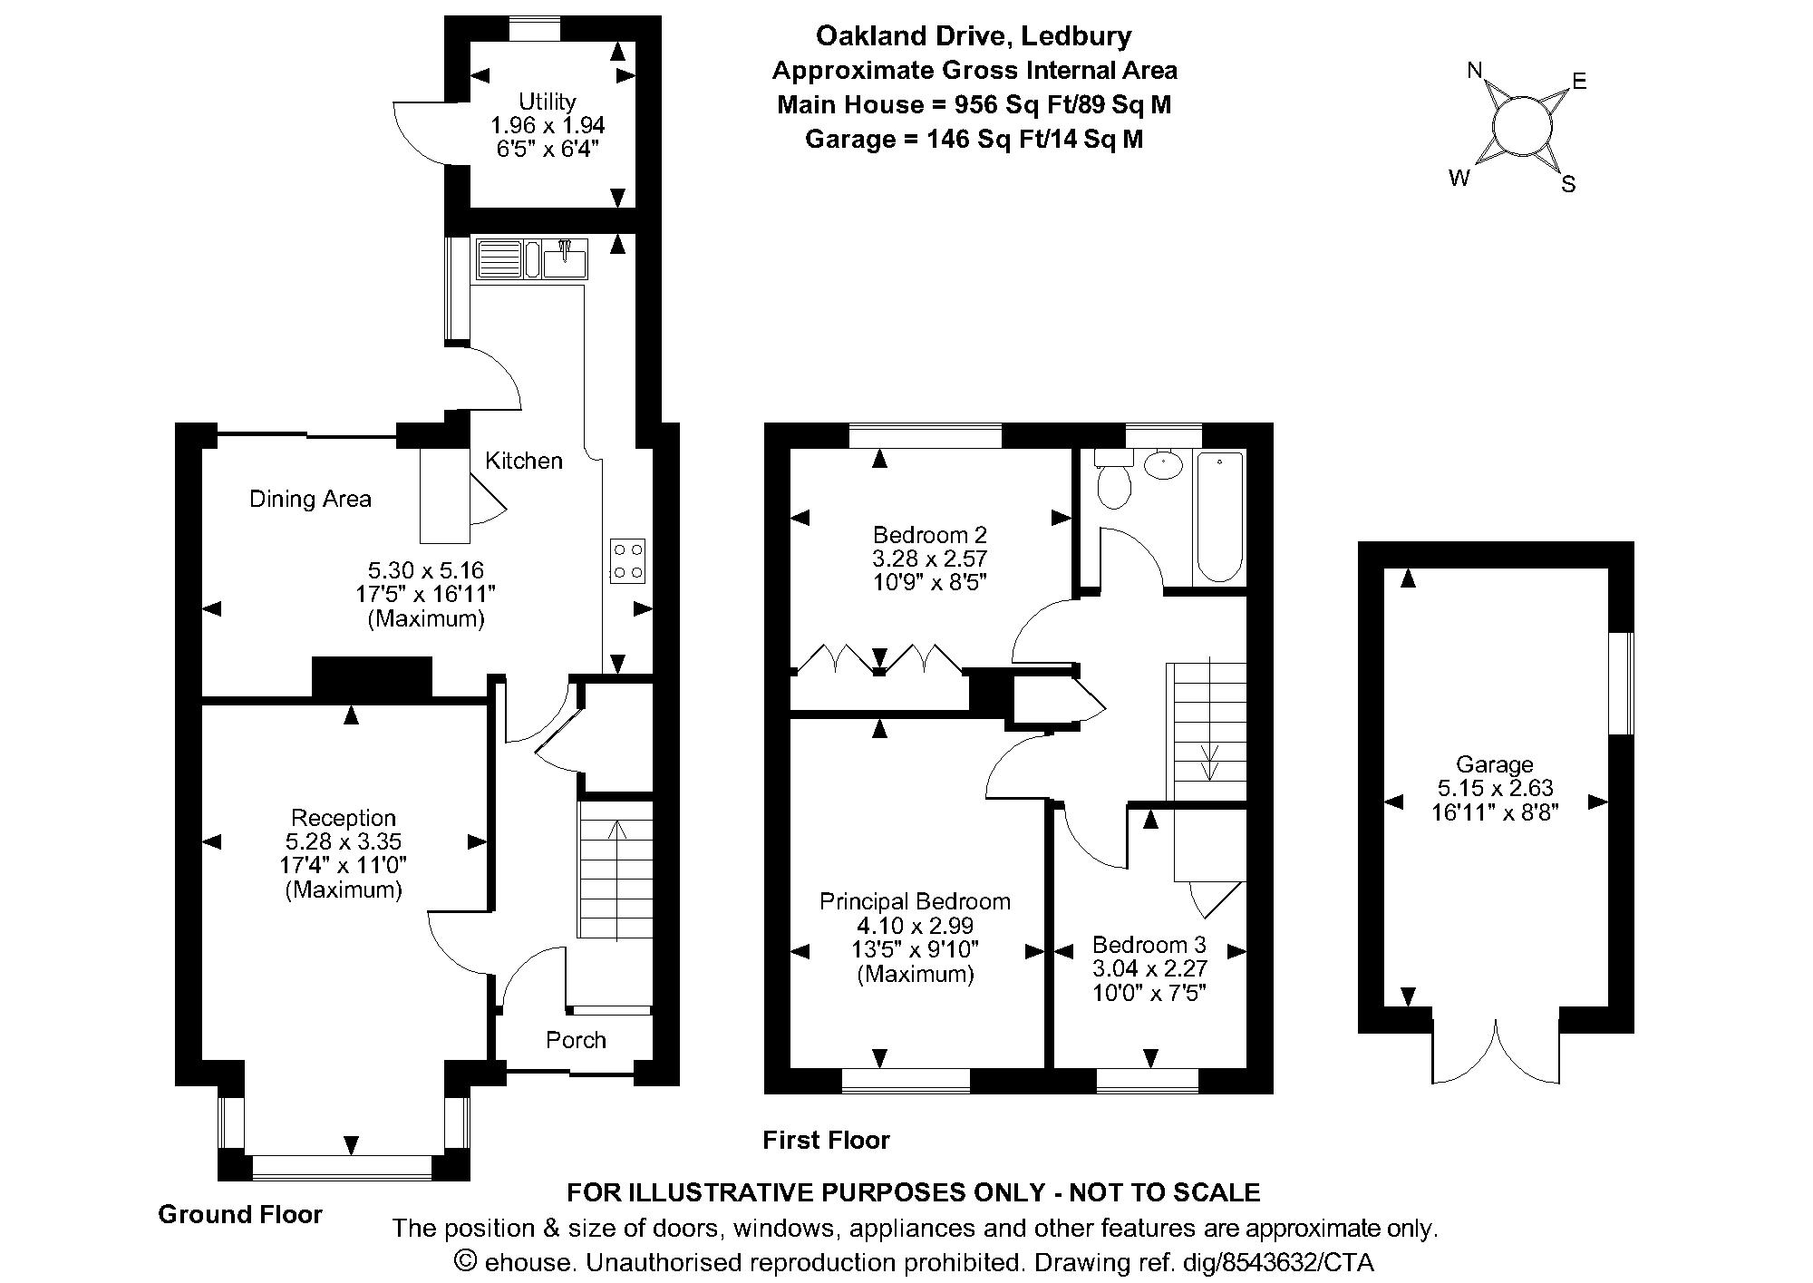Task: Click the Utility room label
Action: pos(547,101)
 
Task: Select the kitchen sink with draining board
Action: pos(531,258)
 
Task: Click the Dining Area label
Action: pos(310,499)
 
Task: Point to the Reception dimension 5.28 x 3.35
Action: pos(344,841)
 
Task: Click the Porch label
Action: pos(576,1040)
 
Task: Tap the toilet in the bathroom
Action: pos(1113,479)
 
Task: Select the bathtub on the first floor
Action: pos(1220,517)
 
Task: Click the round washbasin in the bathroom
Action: pos(1163,465)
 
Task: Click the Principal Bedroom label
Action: pos(915,901)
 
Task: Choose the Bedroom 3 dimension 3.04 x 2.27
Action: pos(1149,968)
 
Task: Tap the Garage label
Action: pos(1495,764)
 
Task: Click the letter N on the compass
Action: pos(1475,71)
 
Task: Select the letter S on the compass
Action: pos(1568,185)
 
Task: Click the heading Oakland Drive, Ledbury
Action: pos(974,36)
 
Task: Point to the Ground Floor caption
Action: pos(240,1214)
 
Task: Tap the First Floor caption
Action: pos(826,1140)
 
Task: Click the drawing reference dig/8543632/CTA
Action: pos(1298,1262)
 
